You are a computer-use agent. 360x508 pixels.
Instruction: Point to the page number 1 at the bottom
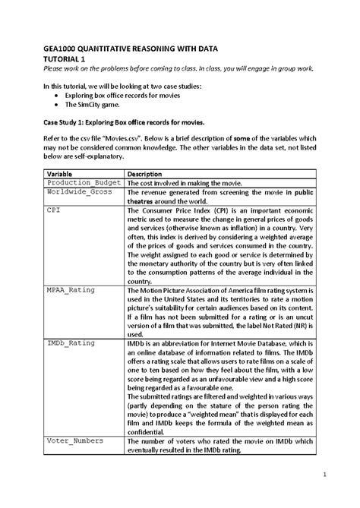(x=323, y=476)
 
